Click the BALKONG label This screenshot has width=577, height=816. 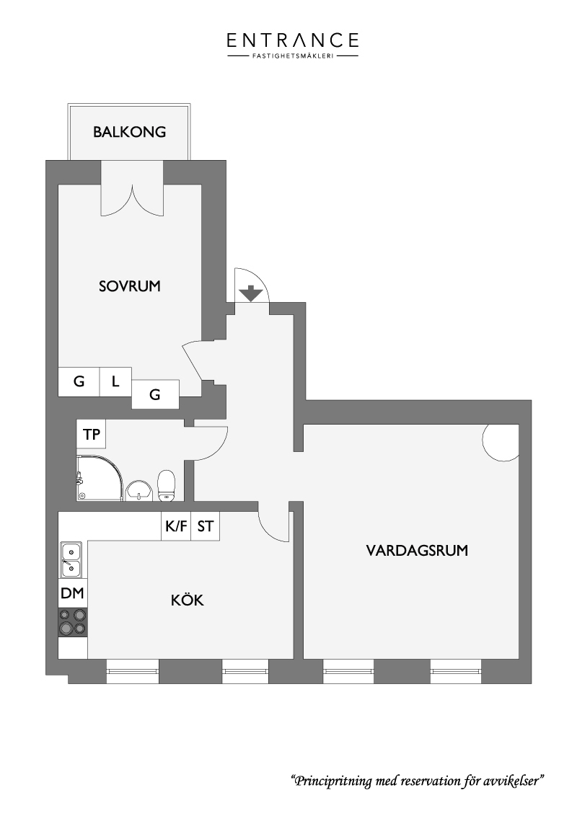(x=129, y=132)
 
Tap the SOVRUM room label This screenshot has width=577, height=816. (x=130, y=286)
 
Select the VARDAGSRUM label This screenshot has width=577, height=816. (x=417, y=551)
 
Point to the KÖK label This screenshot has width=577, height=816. (x=188, y=600)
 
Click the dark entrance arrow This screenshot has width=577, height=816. (x=252, y=293)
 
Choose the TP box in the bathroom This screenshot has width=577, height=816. (x=91, y=434)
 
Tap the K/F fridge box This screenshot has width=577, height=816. (x=176, y=526)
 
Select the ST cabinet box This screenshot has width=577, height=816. (x=205, y=526)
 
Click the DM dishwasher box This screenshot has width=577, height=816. (x=72, y=593)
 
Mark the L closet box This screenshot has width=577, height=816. (x=115, y=381)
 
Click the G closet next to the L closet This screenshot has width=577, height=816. (x=79, y=381)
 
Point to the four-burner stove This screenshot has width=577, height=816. (x=73, y=622)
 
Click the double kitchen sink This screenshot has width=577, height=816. (x=71, y=559)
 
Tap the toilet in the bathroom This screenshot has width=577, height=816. (x=167, y=486)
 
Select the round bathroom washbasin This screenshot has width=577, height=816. (x=138, y=490)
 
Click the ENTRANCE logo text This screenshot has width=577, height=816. (x=293, y=40)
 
